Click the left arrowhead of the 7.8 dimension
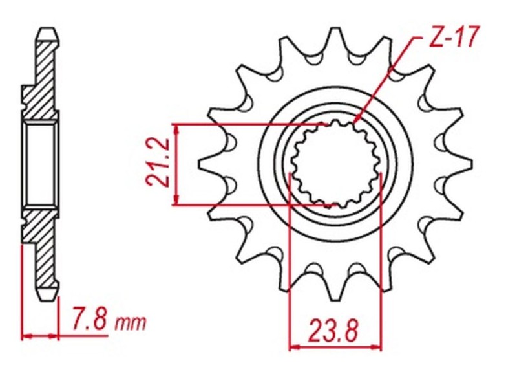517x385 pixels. (26, 336)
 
